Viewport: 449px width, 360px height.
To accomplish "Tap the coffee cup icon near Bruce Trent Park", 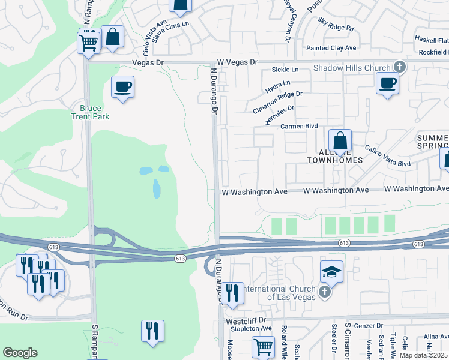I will [x=122, y=87].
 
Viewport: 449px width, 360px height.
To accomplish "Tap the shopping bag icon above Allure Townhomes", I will [x=340, y=141].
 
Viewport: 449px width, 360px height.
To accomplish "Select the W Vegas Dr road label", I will [x=237, y=62].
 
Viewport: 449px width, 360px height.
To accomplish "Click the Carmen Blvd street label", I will [x=299, y=127].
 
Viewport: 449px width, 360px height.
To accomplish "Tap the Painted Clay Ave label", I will [x=331, y=48].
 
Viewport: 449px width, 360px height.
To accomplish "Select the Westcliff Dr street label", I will [x=246, y=321].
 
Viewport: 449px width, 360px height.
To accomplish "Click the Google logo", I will [x=20, y=353].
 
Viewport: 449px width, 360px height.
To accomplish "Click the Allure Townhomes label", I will [x=335, y=156].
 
